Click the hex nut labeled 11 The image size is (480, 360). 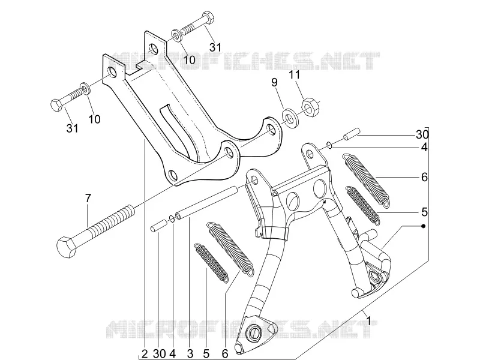310,107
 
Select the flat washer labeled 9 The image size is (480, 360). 289,117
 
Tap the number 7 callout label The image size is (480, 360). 88,199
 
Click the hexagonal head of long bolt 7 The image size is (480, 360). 67,246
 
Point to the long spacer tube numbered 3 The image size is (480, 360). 207,203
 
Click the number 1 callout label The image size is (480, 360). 369,321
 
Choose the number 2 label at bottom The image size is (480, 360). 145,354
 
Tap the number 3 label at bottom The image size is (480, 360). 190,354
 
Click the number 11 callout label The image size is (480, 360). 294,74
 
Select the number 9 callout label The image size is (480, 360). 274,82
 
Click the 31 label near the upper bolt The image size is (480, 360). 215,47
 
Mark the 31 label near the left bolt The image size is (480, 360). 72,128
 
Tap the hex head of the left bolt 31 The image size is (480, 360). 56,106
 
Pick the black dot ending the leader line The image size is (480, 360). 424,226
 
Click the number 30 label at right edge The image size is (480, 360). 422,134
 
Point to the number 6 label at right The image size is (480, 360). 424,177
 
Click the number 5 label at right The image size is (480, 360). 424,212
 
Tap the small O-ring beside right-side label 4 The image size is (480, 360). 329,145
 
